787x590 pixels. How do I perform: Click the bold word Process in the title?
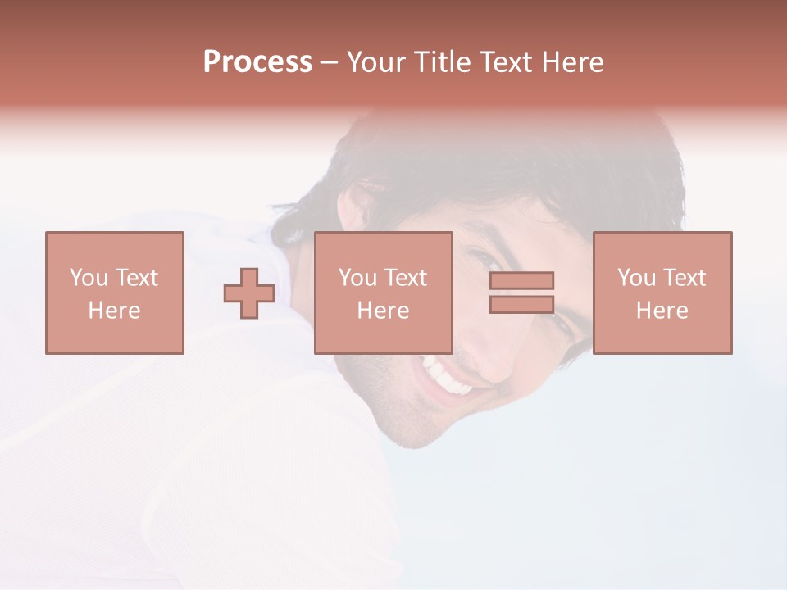(x=257, y=62)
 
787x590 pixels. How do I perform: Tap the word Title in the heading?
(x=440, y=62)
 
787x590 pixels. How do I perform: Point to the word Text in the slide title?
(x=506, y=62)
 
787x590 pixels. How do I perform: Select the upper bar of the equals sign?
(x=521, y=280)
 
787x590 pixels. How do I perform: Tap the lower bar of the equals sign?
(x=521, y=304)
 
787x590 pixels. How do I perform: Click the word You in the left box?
(x=89, y=278)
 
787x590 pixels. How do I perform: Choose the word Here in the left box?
(x=114, y=311)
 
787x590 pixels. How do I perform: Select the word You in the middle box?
(x=357, y=278)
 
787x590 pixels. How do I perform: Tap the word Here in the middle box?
(x=383, y=311)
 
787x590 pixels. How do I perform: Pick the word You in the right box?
(x=636, y=278)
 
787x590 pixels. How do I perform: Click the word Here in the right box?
(x=662, y=311)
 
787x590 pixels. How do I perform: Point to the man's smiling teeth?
(x=447, y=376)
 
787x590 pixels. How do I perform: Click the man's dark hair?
(x=525, y=164)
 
